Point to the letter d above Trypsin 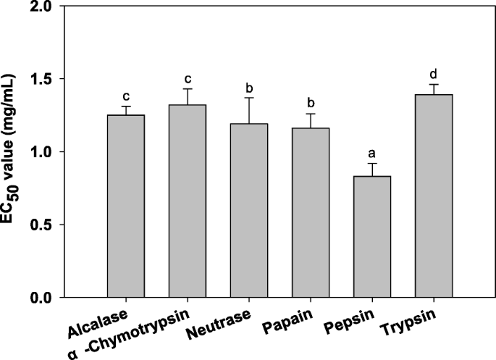pyautogui.click(x=434, y=75)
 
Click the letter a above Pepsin pyautogui.click(x=372, y=154)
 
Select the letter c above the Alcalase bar pyautogui.click(x=126, y=96)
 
